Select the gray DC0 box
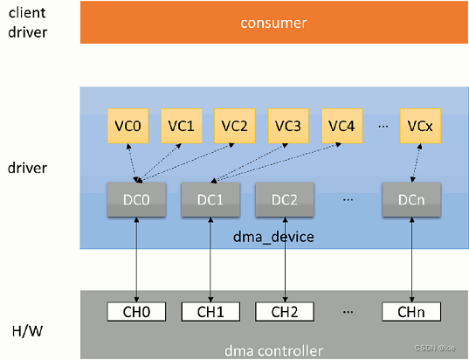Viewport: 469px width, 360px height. pos(136,199)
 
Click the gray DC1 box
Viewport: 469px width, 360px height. pos(210,199)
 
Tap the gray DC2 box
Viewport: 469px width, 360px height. pos(285,199)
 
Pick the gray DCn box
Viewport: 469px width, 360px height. pos(410,199)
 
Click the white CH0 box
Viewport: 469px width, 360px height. pos(136,312)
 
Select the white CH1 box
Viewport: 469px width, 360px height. pos(210,312)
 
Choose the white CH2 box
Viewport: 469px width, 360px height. pos(285,312)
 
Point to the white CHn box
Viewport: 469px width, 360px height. pos(410,312)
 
